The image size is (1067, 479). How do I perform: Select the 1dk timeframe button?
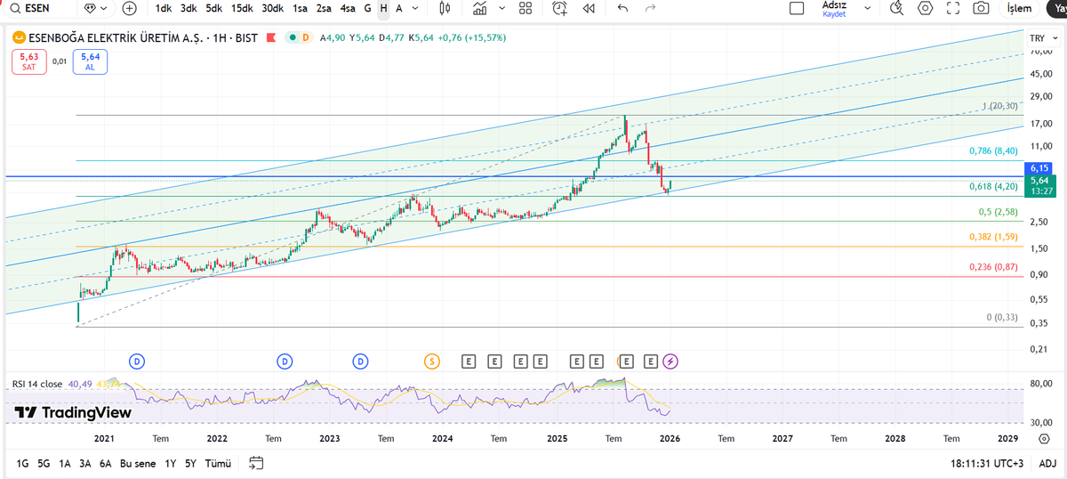click(164, 9)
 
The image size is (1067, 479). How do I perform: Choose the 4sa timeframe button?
click(348, 9)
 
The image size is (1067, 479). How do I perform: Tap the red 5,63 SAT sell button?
click(28, 61)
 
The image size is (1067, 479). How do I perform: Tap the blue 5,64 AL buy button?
click(90, 61)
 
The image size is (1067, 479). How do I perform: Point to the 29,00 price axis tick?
click(1040, 96)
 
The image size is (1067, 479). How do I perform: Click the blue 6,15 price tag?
click(1040, 167)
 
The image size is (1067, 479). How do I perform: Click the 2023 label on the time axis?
click(329, 439)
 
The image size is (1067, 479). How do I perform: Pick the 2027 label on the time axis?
click(782, 439)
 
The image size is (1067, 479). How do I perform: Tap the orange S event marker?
click(431, 361)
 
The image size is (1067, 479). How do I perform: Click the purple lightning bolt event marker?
click(670, 361)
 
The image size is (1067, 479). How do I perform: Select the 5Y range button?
click(190, 463)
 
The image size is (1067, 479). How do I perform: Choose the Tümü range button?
click(218, 463)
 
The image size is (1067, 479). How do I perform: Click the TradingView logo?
click(73, 413)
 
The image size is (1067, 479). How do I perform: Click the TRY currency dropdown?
click(1039, 38)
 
